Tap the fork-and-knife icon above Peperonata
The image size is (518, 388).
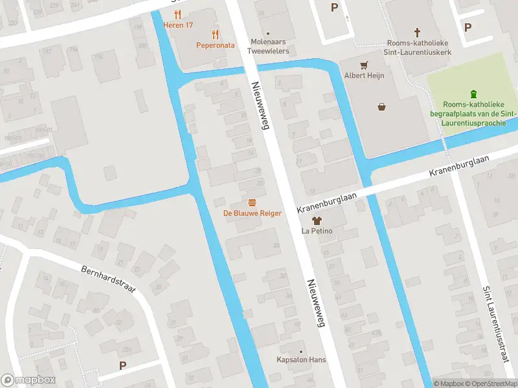(x=216, y=35)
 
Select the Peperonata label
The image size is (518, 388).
(x=216, y=45)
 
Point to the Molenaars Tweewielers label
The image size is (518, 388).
(x=268, y=46)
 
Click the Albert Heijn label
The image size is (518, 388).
(x=363, y=76)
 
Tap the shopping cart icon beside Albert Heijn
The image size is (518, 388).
(x=363, y=65)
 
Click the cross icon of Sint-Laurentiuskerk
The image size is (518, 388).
(x=417, y=32)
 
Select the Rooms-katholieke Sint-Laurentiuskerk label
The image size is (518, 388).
(x=417, y=47)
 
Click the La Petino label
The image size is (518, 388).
(x=317, y=230)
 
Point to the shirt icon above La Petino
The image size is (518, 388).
(x=317, y=220)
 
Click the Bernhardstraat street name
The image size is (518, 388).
(x=108, y=279)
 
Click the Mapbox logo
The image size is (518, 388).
(x=28, y=380)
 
